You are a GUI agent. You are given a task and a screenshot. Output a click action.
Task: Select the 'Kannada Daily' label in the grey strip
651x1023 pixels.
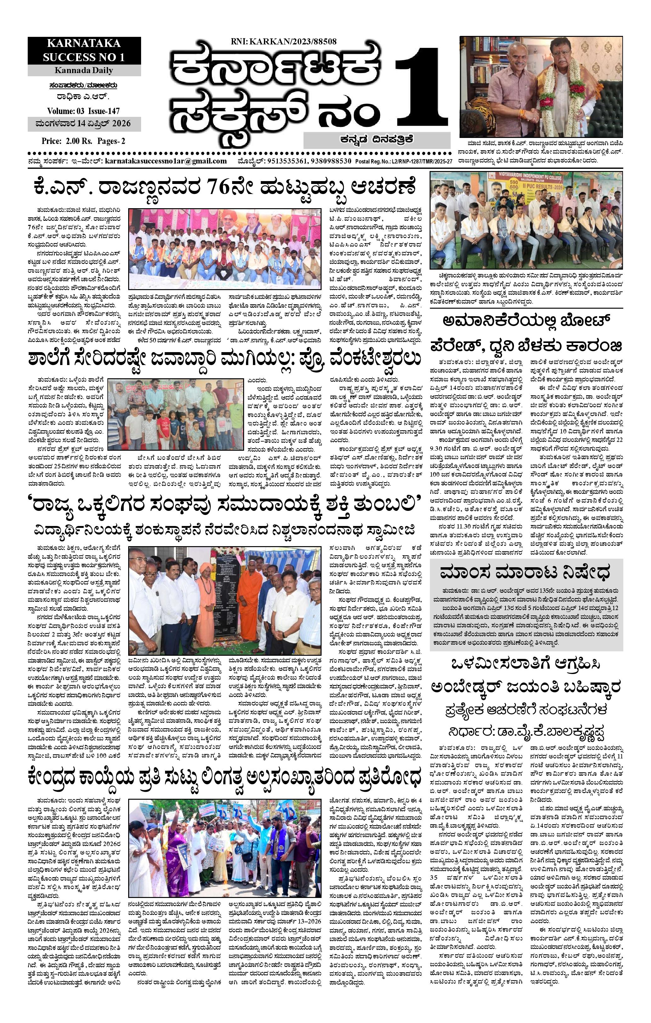pos(84,70)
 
